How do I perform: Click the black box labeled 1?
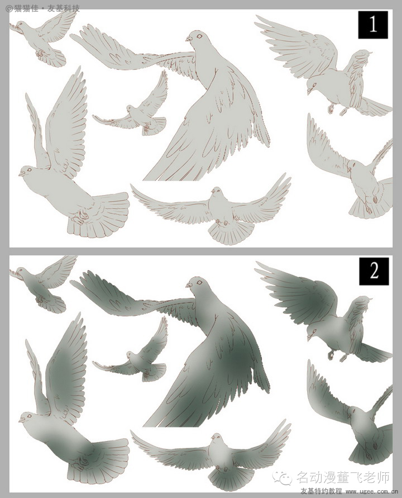pos(373,25)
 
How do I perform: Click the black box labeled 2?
pos(374,271)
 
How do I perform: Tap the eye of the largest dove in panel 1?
pos(199,36)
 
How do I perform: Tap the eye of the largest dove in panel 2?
pos(199,282)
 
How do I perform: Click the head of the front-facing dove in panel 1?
pos(217,192)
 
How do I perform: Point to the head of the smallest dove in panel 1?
pos(130,108)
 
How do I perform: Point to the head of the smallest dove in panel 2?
pos(130,355)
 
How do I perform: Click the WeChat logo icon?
pos(283,477)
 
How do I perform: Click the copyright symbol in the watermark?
pos(9,8)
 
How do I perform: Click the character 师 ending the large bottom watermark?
pos(382,477)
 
